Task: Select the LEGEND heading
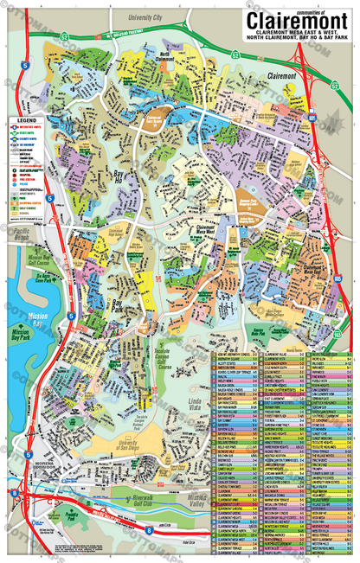[x=27, y=120]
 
